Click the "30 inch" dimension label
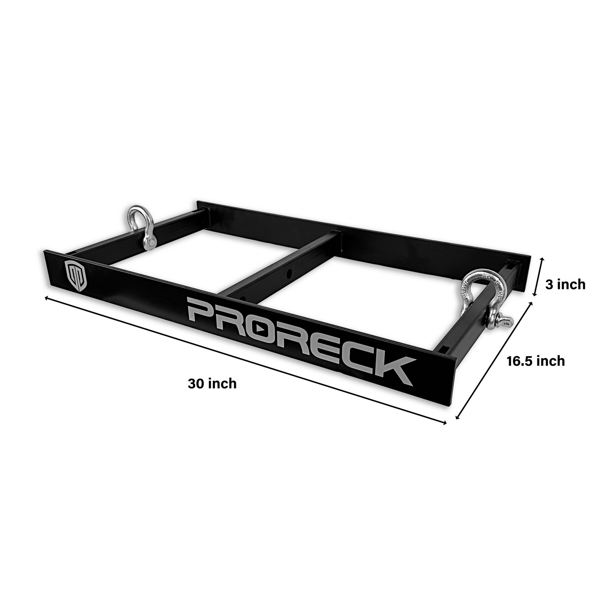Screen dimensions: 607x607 coord(212,383)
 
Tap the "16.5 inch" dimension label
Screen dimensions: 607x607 coord(536,361)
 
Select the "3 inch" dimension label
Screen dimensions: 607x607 coord(565,284)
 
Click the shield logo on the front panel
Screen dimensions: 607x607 coord(76,275)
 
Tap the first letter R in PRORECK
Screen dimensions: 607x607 coord(235,320)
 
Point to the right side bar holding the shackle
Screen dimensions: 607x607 coord(473,320)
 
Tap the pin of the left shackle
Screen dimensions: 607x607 coord(150,242)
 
